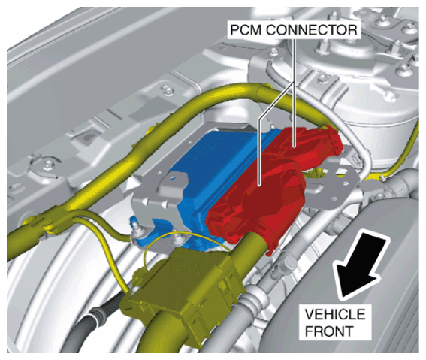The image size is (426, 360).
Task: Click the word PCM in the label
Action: coord(246,30)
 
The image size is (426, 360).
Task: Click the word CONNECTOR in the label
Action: coord(312,30)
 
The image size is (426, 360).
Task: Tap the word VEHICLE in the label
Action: coord(335,315)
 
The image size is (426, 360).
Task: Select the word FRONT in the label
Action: coord(329,331)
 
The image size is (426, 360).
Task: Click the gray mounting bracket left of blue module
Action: coord(158,195)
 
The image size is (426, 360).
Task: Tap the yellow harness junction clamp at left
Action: coord(52,222)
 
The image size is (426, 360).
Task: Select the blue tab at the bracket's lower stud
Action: coord(137,231)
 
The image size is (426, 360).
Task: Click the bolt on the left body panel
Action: coord(48,164)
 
